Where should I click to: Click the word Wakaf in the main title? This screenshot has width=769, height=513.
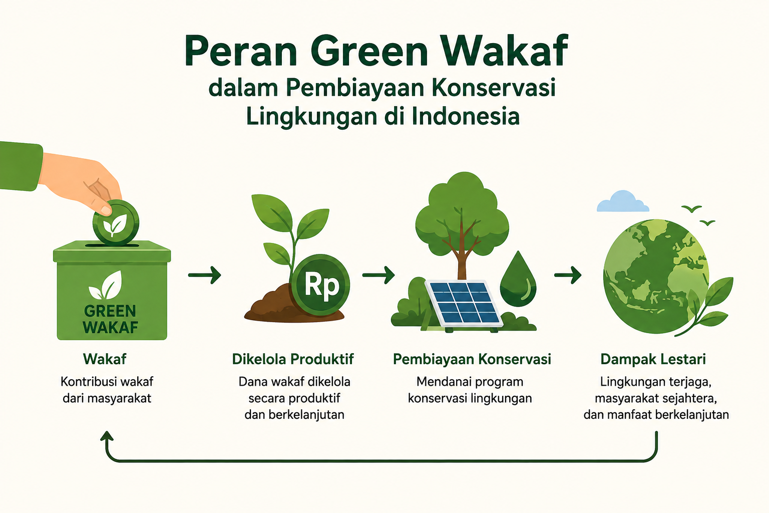tap(504, 51)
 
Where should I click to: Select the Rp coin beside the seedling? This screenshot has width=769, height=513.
tap(320, 285)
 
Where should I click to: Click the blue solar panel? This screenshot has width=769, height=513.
tap(464, 303)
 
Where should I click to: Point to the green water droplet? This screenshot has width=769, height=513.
tap(518, 280)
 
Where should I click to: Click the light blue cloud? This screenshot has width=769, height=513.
tap(623, 202)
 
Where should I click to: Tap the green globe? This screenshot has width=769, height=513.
tap(656, 277)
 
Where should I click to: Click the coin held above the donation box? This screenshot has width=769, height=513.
tap(116, 222)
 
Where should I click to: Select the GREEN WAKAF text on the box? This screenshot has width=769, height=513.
tap(110, 319)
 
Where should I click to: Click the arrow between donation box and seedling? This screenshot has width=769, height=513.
tap(205, 275)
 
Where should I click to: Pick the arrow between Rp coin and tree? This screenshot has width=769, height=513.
tap(378, 275)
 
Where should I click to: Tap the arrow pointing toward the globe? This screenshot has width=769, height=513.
tap(567, 275)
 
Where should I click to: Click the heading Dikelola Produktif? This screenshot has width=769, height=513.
tap(293, 359)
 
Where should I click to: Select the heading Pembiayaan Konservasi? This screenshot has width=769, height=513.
tap(472, 359)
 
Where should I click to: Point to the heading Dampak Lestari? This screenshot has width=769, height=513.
tap(653, 359)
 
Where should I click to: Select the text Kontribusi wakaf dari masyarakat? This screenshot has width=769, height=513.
tap(107, 390)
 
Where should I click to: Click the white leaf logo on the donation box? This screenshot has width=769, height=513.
tap(106, 285)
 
